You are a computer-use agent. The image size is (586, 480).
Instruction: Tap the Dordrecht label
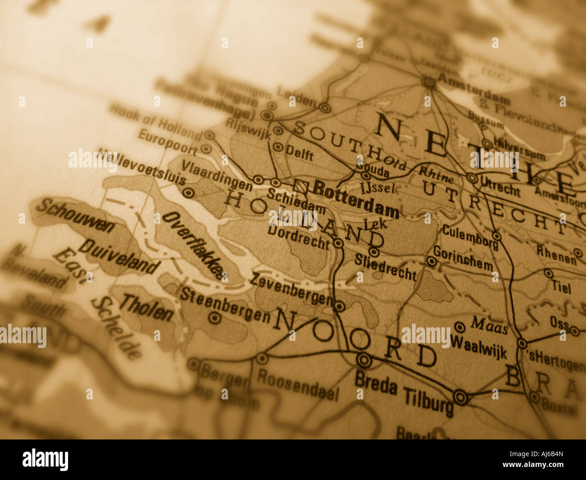click(298, 237)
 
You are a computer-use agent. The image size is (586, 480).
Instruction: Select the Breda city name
click(375, 383)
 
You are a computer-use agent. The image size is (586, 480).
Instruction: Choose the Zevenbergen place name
click(291, 288)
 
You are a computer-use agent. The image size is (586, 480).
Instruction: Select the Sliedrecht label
click(385, 266)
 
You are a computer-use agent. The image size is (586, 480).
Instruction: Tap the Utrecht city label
click(500, 186)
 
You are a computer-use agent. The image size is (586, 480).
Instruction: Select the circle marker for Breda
click(364, 360)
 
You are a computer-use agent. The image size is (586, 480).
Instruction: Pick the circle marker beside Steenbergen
click(215, 318)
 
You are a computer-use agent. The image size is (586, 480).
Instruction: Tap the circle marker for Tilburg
click(460, 397)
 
